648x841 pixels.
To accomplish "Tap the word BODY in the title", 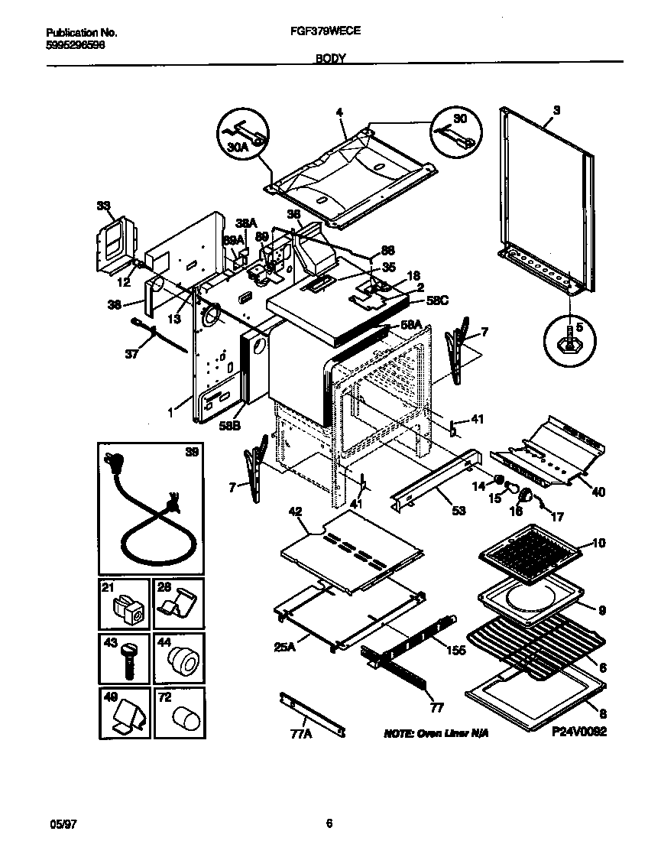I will pyautogui.click(x=329, y=57).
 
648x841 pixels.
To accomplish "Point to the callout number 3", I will pyautogui.click(x=556, y=110).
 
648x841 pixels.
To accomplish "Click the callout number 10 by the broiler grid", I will pyautogui.click(x=598, y=544).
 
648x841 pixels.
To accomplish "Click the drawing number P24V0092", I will pyautogui.click(x=578, y=732).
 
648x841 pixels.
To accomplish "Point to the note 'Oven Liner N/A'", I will pyautogui.click(x=436, y=732).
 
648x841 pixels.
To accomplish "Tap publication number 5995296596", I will pyautogui.click(x=75, y=44).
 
